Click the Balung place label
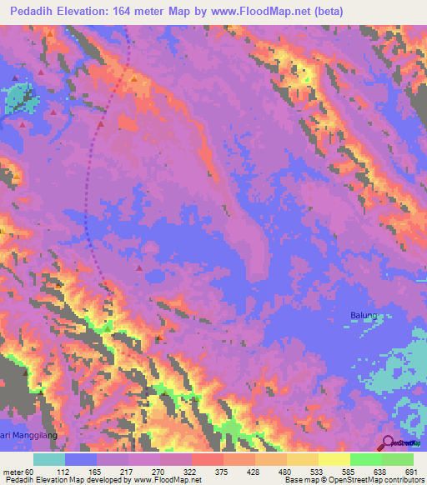363,315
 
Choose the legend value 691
409,472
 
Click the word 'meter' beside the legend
12,472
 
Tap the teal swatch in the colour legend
49,459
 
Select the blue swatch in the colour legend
81,459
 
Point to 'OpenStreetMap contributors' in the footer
377,480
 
